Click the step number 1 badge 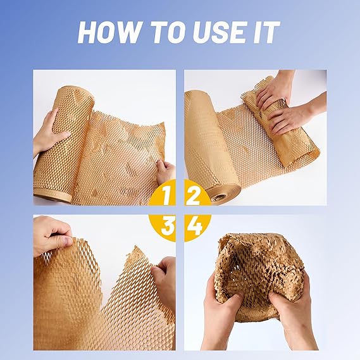(163, 192)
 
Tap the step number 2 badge (197, 192)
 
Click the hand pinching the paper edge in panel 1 (166, 171)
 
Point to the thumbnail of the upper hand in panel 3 (66, 240)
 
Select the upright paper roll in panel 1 (65, 142)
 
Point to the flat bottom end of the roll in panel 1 (53, 195)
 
